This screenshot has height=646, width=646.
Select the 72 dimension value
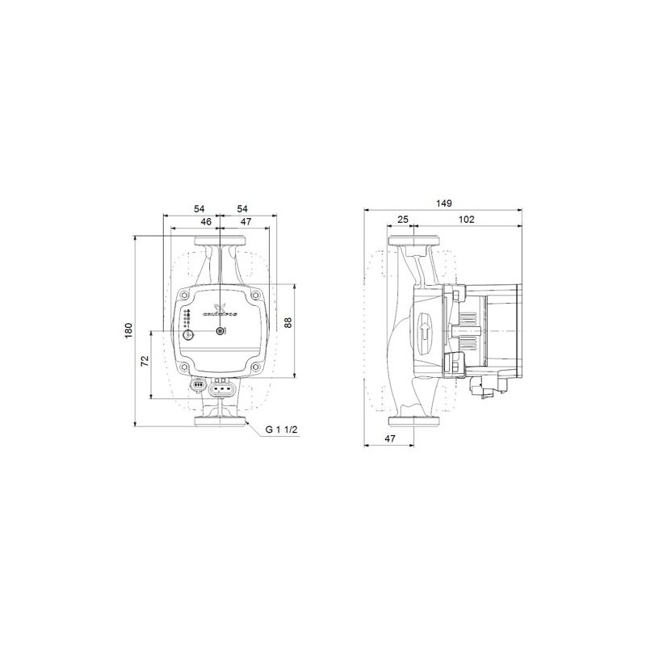pos(145,361)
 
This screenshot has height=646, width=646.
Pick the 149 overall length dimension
pos(443,203)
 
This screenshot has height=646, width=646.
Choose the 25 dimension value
pos(403,220)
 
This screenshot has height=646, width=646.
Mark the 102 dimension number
pos(466,220)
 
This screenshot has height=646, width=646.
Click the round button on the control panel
pos(188,334)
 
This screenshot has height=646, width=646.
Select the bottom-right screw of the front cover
pos(255,368)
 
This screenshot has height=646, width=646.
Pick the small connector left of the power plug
pos(196,385)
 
